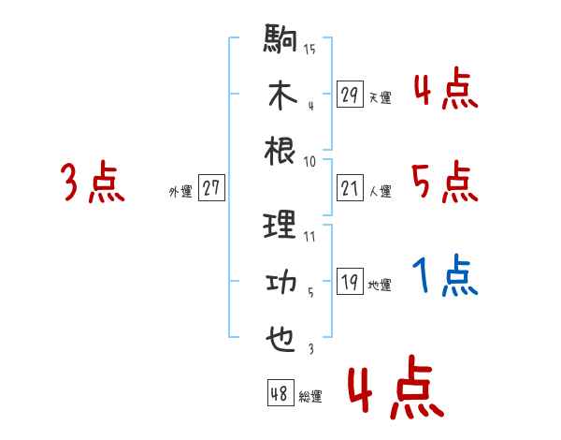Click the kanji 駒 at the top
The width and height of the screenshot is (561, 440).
(x=280, y=41)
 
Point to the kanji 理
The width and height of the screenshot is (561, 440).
(x=280, y=225)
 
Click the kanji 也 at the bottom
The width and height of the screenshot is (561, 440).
(x=280, y=338)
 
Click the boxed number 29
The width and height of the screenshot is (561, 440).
(x=349, y=95)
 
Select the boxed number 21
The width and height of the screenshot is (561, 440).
(x=349, y=189)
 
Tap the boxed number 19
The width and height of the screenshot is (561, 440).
(x=349, y=283)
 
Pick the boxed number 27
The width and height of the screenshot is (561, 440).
(x=211, y=188)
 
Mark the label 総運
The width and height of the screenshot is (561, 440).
(x=310, y=396)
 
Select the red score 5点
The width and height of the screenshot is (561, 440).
(x=444, y=181)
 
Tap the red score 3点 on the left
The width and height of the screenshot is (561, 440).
(x=93, y=182)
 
